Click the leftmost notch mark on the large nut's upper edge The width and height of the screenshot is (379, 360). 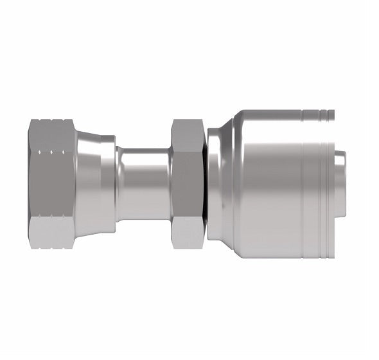click(x=40, y=153)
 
